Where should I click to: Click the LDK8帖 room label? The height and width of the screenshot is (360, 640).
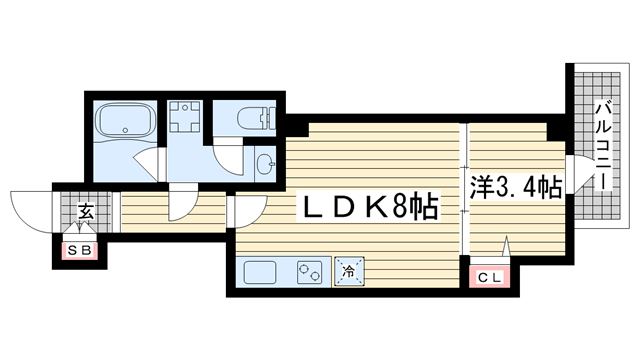tap(369, 206)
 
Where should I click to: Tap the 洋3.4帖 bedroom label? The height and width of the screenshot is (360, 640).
tap(516, 187)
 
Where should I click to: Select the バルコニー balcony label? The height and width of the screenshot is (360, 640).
tap(604, 146)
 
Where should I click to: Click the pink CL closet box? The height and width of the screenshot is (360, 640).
tap(489, 277)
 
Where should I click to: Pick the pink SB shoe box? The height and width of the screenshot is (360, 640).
tap(80, 250)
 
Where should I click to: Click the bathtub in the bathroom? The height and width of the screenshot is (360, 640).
tap(125, 120)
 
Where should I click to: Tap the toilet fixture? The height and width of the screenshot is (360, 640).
tap(256, 118)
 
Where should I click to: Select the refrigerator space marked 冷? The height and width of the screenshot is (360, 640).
tap(349, 271)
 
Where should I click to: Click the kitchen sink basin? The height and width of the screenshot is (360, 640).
tap(260, 272)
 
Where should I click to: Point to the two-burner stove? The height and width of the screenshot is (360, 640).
tap(309, 272)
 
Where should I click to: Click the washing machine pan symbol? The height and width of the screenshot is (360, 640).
tap(185, 117)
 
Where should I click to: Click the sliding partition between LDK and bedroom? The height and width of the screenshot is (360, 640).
tap(463, 189)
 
